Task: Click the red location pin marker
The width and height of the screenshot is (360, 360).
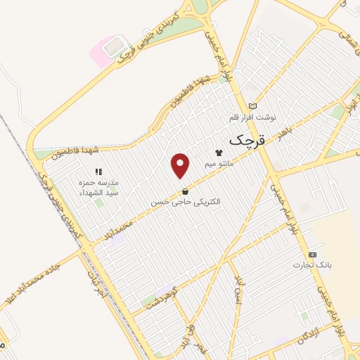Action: (x=181, y=166)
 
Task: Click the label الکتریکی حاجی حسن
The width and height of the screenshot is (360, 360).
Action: (x=185, y=202)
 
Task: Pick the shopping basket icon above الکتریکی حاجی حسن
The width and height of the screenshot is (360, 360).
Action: (x=185, y=191)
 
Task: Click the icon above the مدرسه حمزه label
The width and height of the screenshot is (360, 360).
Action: (x=98, y=170)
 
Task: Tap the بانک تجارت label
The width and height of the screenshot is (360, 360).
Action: (x=312, y=266)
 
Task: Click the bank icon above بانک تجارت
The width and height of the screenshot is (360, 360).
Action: (x=313, y=255)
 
